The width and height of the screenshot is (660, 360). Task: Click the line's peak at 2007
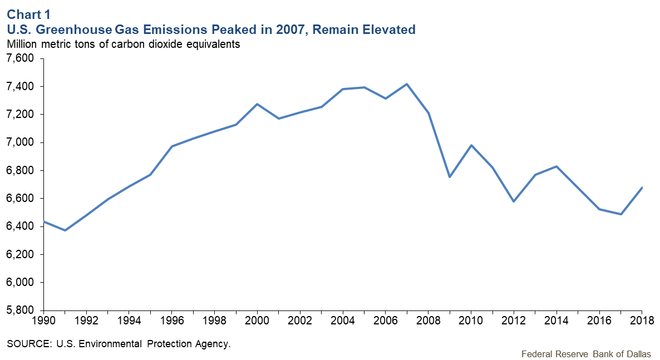pos(407,84)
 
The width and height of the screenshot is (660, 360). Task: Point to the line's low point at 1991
pos(65,230)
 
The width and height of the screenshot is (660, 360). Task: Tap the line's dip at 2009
pos(450,177)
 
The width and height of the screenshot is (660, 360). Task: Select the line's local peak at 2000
pos(258,104)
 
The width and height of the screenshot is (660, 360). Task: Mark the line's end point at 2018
pos(642,188)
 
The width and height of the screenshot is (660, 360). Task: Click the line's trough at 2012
pos(514,201)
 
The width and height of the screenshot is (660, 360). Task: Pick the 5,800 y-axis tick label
pos(19,310)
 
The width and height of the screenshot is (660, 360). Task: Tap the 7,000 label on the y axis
pos(19,142)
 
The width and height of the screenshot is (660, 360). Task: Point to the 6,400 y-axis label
pos(19,226)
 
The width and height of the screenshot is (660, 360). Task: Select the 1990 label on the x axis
pos(44,321)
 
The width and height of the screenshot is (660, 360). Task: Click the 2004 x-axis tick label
pos(343,321)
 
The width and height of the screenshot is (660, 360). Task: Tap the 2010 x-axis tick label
pos(471,321)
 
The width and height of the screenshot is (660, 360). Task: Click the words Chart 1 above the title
pos(26,15)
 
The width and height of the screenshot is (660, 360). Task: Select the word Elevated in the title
pos(388,29)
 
